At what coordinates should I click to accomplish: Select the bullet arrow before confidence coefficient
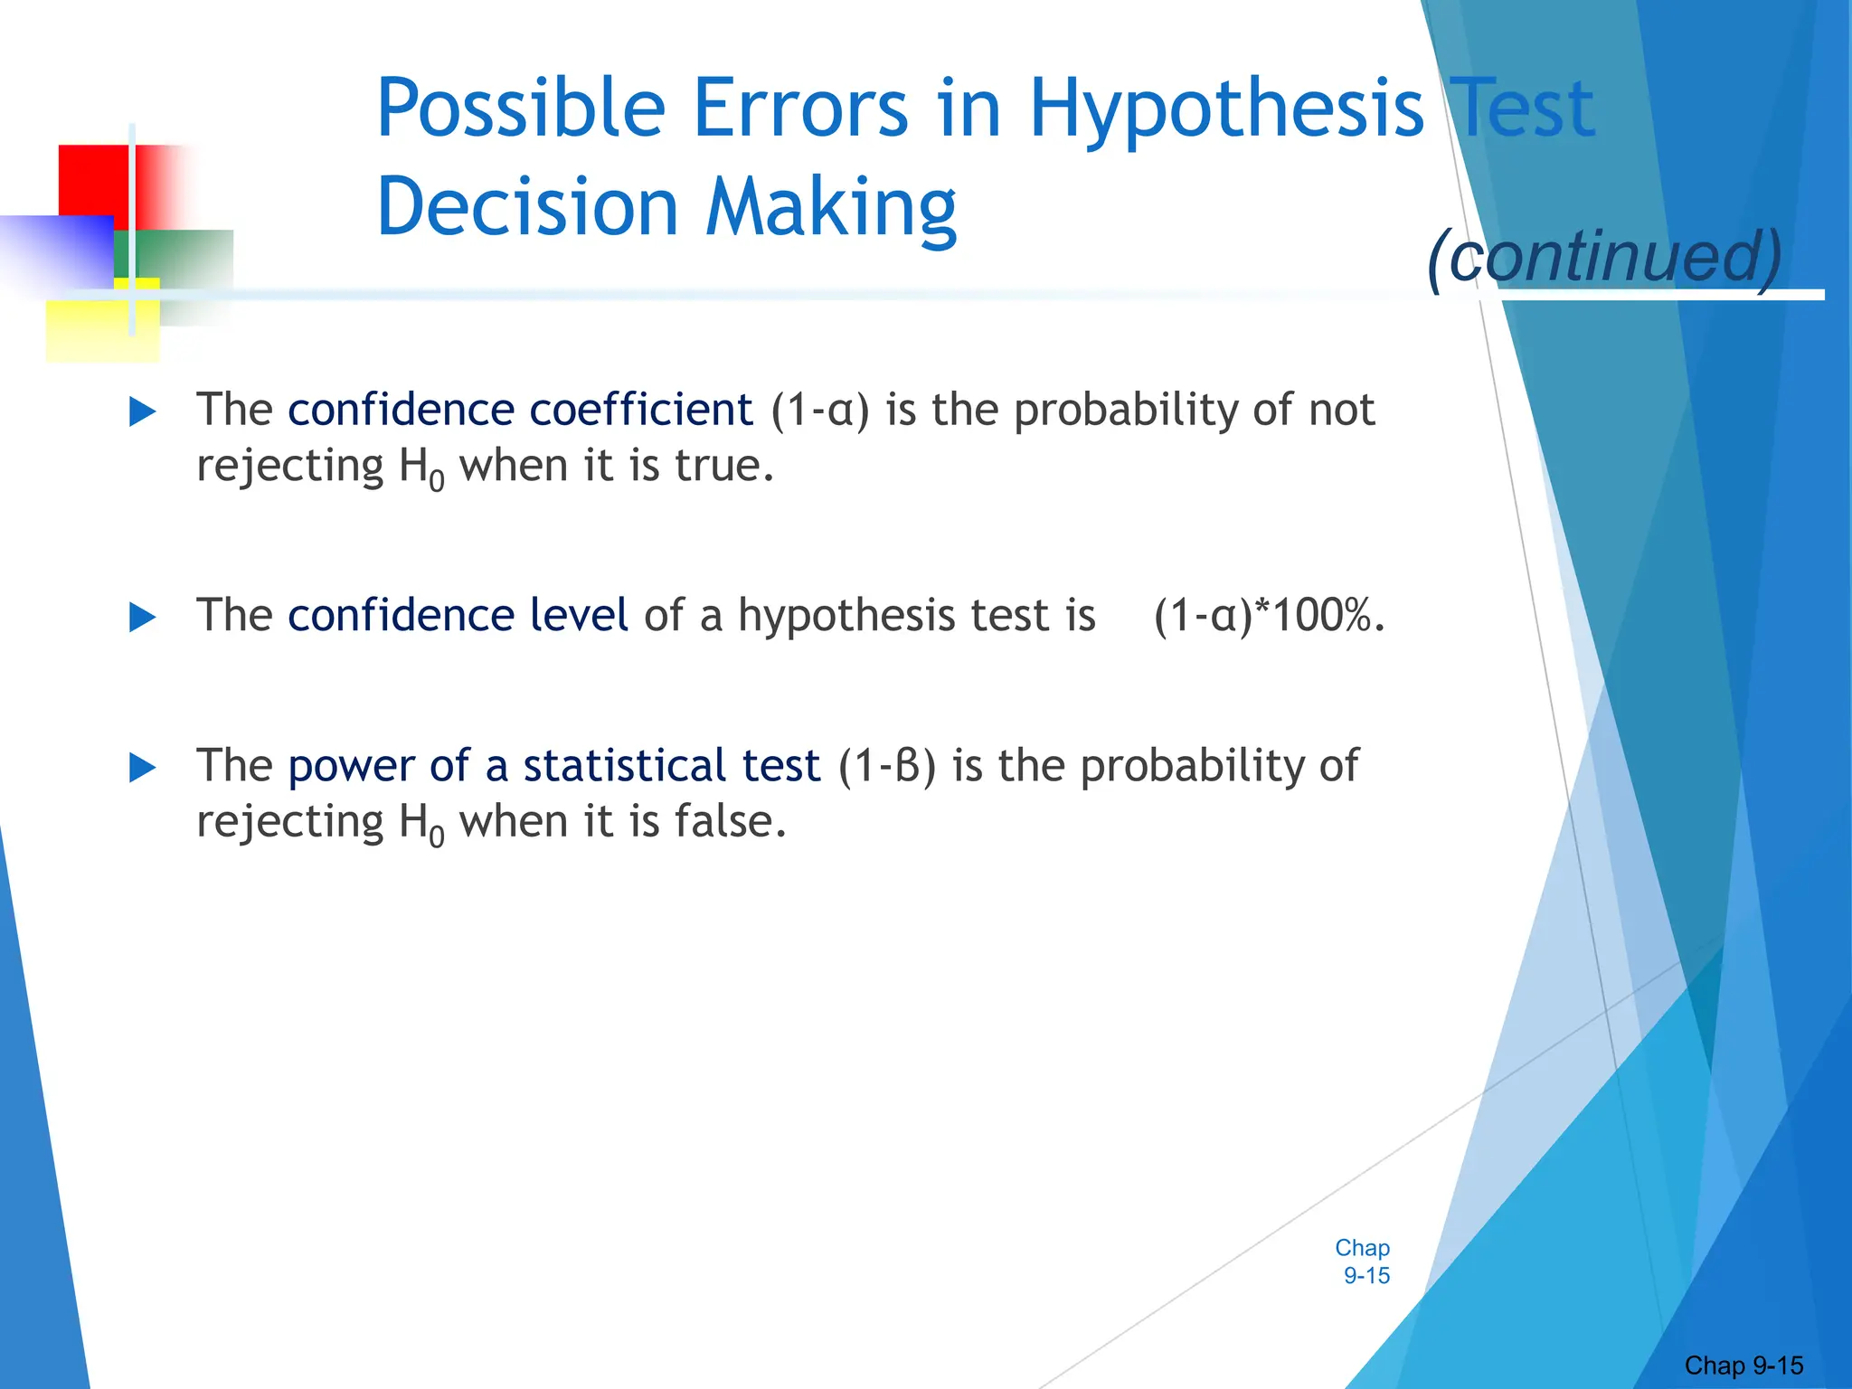(143, 412)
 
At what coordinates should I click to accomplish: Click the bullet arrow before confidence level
(143, 619)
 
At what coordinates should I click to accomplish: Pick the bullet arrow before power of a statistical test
(143, 769)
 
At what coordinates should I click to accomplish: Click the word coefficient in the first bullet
(640, 410)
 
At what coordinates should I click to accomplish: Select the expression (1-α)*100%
(1269, 616)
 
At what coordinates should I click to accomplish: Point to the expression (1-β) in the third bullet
(886, 766)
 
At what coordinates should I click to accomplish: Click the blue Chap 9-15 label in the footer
(1364, 1261)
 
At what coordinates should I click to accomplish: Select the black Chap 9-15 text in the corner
(1743, 1365)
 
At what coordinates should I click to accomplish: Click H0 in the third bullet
(421, 825)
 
